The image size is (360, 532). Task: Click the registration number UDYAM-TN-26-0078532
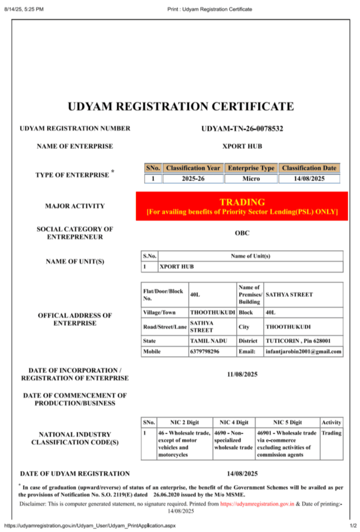pos(242,129)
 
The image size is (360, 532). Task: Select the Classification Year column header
pos(193,168)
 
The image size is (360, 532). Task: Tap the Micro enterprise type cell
pos(251,178)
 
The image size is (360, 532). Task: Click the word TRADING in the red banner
pos(242,202)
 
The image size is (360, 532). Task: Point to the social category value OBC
pos(242,233)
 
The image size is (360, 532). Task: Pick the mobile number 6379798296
pos(205,351)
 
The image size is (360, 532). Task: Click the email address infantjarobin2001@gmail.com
pos(304,351)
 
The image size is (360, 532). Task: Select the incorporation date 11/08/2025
pos(242,374)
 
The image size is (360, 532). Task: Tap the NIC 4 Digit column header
pos(234,422)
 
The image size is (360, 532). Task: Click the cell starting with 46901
pos(287,444)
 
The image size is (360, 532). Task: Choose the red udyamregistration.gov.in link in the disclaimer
pos(257,504)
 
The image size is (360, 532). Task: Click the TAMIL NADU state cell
pos(208,341)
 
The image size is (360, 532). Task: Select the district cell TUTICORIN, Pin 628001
pos(298,341)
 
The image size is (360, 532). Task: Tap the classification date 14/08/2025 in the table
pos(309,178)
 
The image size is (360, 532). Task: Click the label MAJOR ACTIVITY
pos(75,206)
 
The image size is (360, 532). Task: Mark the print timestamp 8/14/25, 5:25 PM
pos(24,9)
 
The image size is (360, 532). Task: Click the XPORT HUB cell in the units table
pos(175,267)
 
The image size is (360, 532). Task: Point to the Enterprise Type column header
pos(251,168)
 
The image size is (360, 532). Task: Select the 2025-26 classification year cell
pos(193,178)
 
